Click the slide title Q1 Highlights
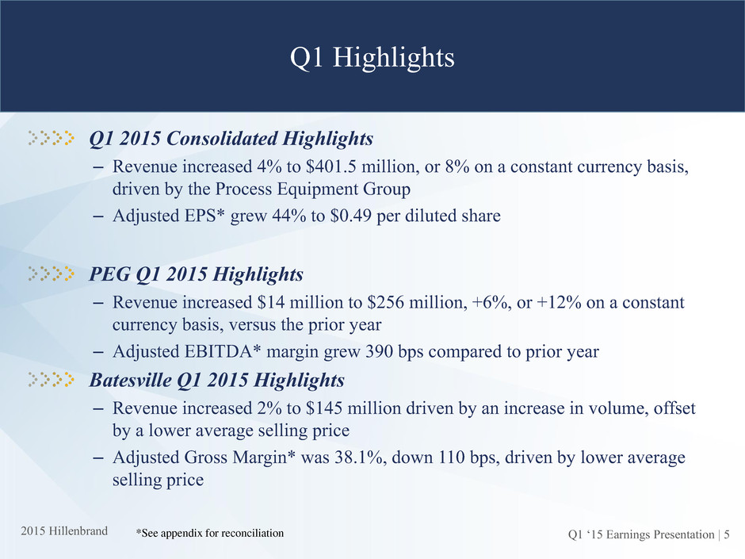372,58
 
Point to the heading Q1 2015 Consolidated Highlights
231,139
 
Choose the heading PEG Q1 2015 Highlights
197,274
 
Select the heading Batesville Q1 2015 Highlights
216,380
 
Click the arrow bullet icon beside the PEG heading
51,274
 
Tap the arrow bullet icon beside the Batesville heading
51,379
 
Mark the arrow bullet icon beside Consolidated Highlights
51,138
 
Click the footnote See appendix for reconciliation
209,534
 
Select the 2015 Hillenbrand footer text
64,531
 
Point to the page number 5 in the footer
727,534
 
